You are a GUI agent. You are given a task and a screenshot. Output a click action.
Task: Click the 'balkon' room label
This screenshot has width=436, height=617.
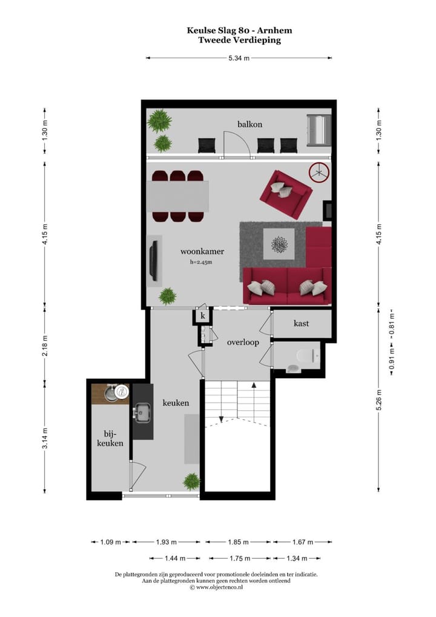(249, 124)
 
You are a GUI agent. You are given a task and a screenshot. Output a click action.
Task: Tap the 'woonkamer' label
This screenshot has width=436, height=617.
(202, 251)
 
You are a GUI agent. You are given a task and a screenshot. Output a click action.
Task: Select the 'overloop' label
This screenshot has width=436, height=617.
(243, 342)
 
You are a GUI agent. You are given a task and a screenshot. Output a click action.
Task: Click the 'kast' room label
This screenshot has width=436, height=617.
(301, 324)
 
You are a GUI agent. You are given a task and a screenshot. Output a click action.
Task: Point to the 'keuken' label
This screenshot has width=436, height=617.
(176, 402)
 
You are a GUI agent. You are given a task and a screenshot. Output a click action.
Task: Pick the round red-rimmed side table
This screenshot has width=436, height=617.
(319, 172)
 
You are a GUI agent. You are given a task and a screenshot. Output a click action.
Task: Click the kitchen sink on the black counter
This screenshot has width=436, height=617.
(144, 414)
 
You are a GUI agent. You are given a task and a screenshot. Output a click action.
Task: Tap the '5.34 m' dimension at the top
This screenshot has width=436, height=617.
(239, 58)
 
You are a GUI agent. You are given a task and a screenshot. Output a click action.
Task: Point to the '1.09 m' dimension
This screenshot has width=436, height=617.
(111, 542)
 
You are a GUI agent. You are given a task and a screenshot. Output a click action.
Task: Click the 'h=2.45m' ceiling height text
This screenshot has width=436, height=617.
(201, 262)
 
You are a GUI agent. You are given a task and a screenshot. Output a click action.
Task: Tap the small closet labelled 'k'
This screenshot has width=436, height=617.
(203, 316)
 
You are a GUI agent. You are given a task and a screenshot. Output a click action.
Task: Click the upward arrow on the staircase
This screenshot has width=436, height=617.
(253, 385)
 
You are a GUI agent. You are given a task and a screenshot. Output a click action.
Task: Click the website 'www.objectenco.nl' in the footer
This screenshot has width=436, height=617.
(219, 587)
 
